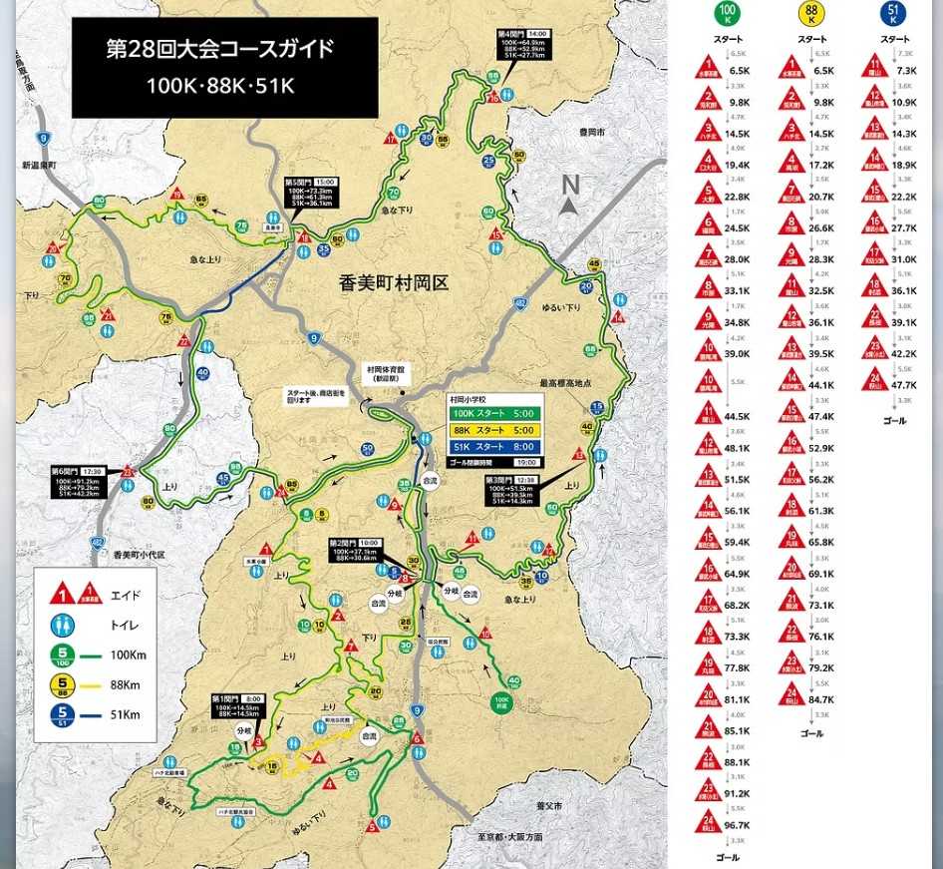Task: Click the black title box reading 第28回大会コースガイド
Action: pyautogui.click(x=224, y=67)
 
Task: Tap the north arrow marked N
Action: pyautogui.click(x=569, y=195)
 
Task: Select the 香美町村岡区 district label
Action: pyautogui.click(x=393, y=283)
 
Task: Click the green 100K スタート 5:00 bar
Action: pyautogui.click(x=494, y=414)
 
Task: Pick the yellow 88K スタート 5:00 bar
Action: pyautogui.click(x=494, y=430)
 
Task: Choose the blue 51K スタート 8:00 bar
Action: pyautogui.click(x=494, y=446)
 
